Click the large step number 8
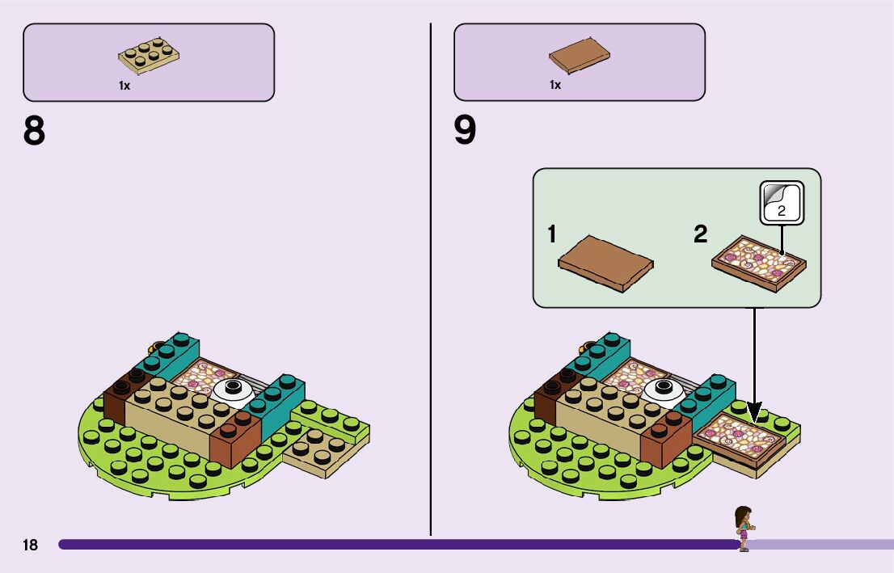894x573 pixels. tap(34, 131)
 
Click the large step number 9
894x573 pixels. tap(465, 131)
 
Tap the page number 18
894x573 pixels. tap(30, 546)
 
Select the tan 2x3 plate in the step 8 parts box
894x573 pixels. tap(149, 55)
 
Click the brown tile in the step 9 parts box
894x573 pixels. tap(579, 55)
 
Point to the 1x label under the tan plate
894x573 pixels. tap(124, 85)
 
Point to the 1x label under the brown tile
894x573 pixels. tap(555, 85)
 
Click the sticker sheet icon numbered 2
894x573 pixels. tap(782, 203)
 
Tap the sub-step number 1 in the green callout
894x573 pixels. tap(552, 235)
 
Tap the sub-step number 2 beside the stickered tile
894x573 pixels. tap(700, 235)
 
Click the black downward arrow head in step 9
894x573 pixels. tap(755, 414)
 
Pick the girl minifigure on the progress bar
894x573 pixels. tap(743, 529)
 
